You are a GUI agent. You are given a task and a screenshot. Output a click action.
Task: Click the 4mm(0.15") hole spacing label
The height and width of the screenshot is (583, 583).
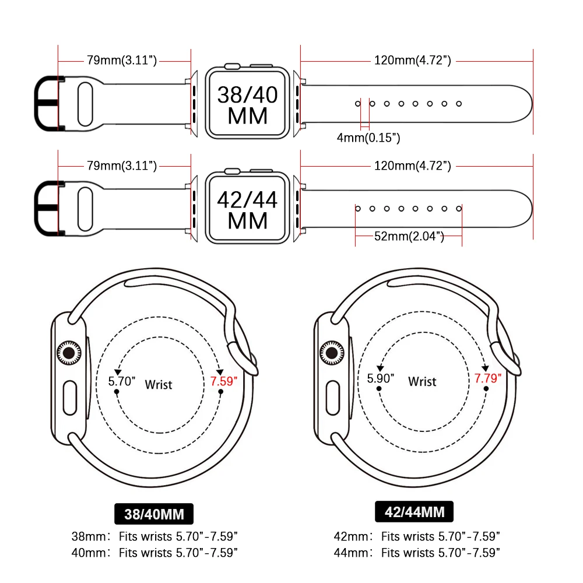click(x=368, y=138)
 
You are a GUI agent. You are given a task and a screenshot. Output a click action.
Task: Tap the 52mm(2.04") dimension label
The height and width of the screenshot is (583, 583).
click(x=408, y=236)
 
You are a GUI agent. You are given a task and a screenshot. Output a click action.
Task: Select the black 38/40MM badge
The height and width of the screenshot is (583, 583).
click(x=154, y=514)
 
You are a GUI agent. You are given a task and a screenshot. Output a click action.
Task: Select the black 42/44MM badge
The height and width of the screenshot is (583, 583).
click(x=415, y=512)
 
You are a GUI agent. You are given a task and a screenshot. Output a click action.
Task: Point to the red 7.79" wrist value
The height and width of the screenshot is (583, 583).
click(x=488, y=378)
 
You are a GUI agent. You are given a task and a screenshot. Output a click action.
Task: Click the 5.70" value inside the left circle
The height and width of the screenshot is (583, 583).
click(x=122, y=382)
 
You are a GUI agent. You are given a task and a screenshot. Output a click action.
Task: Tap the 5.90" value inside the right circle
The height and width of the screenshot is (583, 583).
click(x=381, y=378)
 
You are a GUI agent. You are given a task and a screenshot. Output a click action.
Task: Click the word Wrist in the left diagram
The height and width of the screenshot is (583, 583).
click(x=159, y=385)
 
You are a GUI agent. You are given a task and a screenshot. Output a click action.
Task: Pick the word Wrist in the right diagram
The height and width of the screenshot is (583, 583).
click(x=422, y=382)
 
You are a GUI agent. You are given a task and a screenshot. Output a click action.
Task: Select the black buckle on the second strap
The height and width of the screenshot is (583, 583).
click(x=46, y=208)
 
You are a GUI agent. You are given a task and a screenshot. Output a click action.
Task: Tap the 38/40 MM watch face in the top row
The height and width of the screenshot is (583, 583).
click(x=248, y=104)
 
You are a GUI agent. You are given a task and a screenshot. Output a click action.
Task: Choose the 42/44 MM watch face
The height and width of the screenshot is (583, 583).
click(x=248, y=209)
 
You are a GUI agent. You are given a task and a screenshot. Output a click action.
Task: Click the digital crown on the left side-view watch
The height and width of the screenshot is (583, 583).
click(x=69, y=352)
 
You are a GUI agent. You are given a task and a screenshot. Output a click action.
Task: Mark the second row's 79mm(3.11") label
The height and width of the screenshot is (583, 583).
click(x=122, y=166)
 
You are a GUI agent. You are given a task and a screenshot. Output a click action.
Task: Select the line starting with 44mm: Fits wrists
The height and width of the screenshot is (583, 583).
click(x=417, y=552)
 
